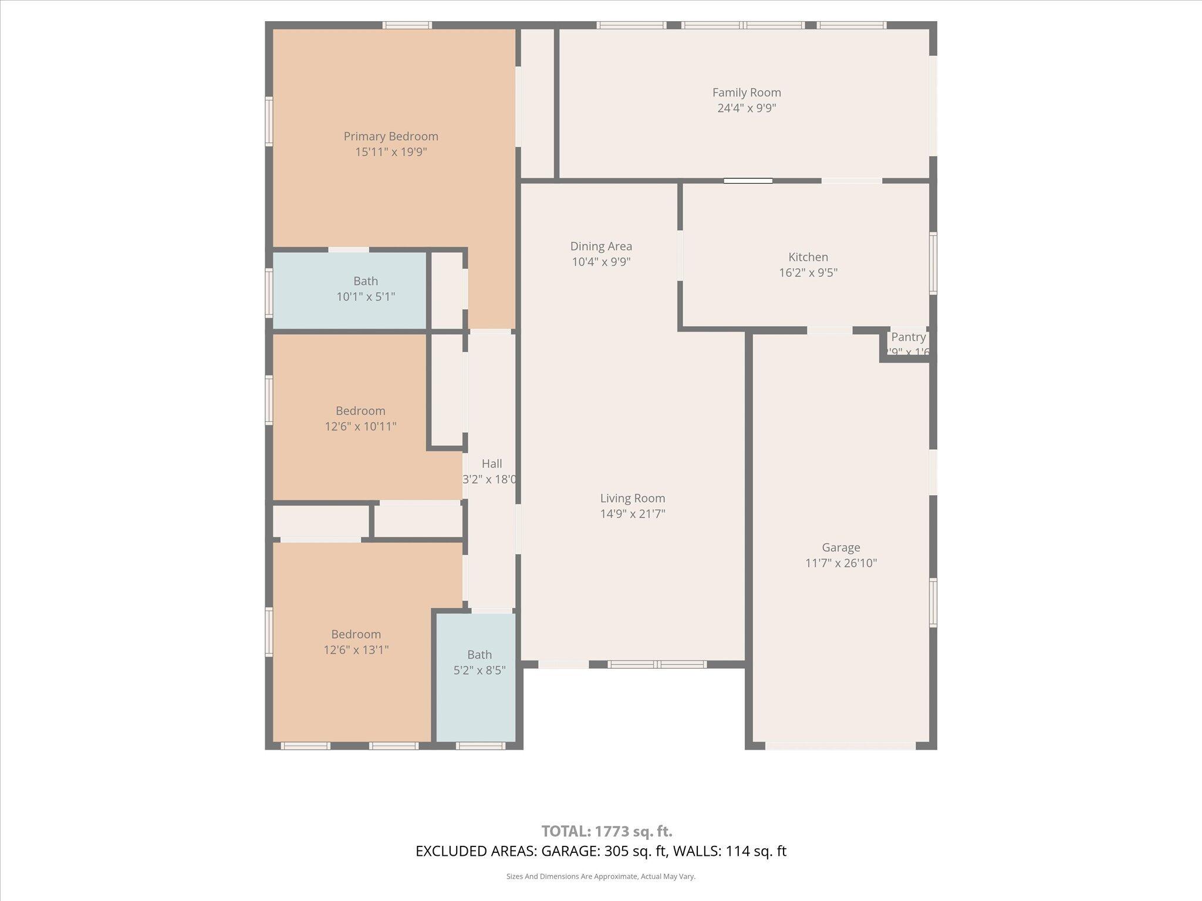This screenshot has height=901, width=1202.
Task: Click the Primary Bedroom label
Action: pyautogui.click(x=391, y=136)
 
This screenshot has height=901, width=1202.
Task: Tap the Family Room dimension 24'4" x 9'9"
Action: pyautogui.click(x=747, y=108)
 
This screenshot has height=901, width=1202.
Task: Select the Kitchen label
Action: pyautogui.click(x=808, y=257)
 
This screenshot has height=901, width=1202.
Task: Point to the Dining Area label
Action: pyautogui.click(x=601, y=246)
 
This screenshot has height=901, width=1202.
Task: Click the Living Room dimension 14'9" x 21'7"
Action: pyautogui.click(x=632, y=514)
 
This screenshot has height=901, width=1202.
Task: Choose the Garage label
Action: pyautogui.click(x=840, y=547)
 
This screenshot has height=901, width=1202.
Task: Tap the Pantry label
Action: pyautogui.click(x=908, y=337)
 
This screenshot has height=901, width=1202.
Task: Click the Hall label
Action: pyautogui.click(x=491, y=463)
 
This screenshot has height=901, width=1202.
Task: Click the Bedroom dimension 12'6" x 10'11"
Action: pyautogui.click(x=360, y=426)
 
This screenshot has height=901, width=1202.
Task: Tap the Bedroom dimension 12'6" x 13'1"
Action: pyautogui.click(x=356, y=650)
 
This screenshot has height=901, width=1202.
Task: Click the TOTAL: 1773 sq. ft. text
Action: pyautogui.click(x=606, y=831)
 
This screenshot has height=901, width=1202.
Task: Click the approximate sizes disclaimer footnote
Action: pyautogui.click(x=600, y=876)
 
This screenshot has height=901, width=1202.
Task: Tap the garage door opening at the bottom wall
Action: pyautogui.click(x=840, y=746)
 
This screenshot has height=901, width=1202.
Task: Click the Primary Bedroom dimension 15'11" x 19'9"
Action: pyautogui.click(x=391, y=152)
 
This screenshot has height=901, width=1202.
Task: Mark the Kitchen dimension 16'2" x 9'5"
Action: pyautogui.click(x=808, y=273)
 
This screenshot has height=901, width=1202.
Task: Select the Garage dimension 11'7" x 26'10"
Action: pyautogui.click(x=840, y=563)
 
